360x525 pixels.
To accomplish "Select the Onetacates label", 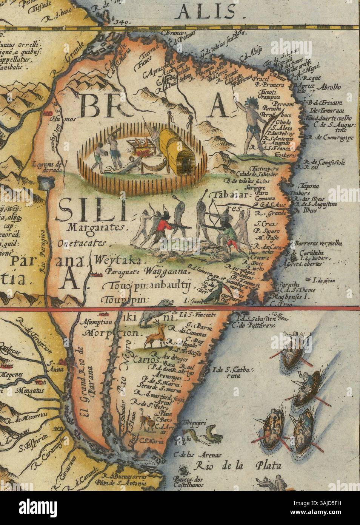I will point(82,244).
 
